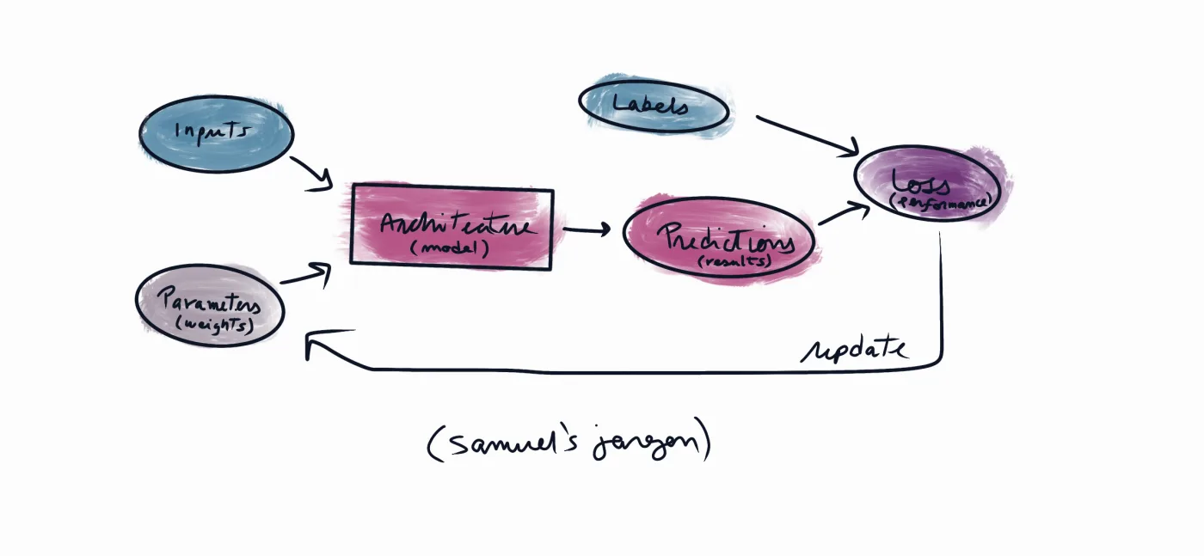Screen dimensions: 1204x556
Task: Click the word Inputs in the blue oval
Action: click(212, 131)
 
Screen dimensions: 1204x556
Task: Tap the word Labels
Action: click(650, 104)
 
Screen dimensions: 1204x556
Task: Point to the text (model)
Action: click(449, 248)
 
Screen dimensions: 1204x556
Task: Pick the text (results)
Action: click(735, 261)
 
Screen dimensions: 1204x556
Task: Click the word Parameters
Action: click(210, 302)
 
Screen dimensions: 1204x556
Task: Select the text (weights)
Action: click(215, 325)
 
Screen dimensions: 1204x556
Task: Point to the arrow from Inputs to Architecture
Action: click(311, 174)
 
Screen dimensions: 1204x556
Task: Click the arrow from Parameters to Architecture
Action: click(305, 275)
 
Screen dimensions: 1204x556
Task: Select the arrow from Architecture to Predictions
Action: click(587, 230)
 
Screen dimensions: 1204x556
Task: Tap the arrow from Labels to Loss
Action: click(808, 136)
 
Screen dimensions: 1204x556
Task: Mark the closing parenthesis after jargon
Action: click(705, 438)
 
